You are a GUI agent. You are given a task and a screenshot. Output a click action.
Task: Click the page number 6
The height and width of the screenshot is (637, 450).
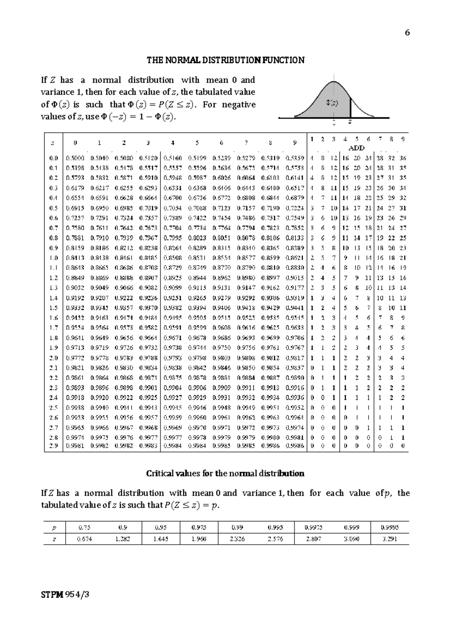(407, 33)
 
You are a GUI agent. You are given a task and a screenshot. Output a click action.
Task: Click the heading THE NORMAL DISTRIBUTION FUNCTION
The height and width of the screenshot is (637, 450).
(225, 60)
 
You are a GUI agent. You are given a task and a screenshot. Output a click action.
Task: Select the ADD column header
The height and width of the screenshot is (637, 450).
(356, 148)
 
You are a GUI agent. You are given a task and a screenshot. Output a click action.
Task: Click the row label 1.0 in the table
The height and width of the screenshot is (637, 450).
(54, 258)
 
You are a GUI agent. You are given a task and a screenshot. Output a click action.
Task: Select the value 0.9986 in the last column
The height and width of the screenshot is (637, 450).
(295, 446)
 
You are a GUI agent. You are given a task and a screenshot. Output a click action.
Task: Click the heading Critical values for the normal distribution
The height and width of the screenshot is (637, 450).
(225, 473)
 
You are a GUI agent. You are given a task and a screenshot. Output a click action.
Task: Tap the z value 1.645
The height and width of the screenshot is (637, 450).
(161, 539)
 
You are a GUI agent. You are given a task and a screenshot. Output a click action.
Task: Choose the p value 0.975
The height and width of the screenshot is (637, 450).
(199, 527)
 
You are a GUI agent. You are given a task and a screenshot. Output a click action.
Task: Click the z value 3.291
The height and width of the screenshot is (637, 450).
(390, 539)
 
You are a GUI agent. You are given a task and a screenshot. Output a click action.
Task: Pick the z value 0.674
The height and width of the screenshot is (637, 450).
(84, 539)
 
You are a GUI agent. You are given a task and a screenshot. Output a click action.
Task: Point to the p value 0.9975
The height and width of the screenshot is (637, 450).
(313, 527)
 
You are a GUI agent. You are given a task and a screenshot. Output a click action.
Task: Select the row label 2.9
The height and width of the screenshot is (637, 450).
(54, 446)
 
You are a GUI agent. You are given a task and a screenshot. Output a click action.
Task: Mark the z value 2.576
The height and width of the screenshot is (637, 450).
(275, 539)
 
